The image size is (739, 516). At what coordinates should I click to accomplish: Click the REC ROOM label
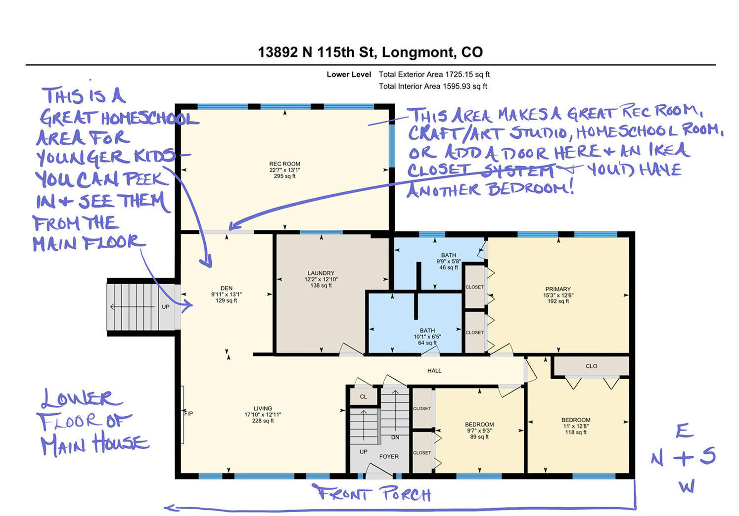click(x=284, y=164)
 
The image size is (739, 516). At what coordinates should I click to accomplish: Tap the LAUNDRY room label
click(x=321, y=273)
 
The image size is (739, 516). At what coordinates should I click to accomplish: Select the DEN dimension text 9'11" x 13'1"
click(x=227, y=295)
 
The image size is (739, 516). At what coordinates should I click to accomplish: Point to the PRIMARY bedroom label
click(x=558, y=289)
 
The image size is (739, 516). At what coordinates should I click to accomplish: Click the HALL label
click(x=434, y=371)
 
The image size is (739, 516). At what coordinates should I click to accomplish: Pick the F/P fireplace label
click(x=188, y=414)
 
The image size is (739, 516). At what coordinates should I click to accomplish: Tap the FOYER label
click(x=389, y=457)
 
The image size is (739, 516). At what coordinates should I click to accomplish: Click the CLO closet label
click(x=591, y=366)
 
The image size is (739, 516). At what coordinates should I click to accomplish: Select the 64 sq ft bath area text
click(x=427, y=343)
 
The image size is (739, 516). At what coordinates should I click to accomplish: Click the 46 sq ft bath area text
click(x=448, y=268)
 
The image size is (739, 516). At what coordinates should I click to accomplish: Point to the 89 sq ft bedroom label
click(x=479, y=437)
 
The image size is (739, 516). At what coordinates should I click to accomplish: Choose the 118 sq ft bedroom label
click(x=576, y=432)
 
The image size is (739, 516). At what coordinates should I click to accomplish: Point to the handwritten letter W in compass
click(x=687, y=486)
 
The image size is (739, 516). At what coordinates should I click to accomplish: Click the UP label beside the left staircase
click(x=166, y=307)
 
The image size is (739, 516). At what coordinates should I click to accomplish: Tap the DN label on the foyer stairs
click(x=395, y=437)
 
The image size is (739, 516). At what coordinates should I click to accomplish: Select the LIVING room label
click(x=263, y=409)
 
